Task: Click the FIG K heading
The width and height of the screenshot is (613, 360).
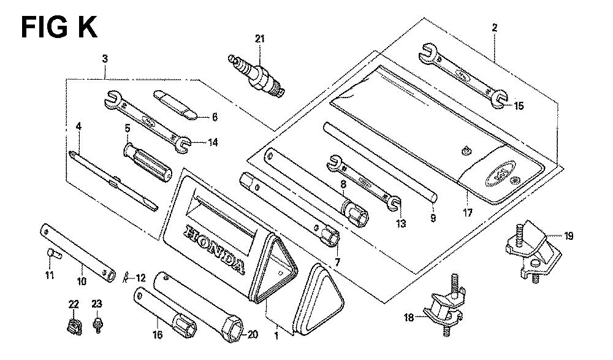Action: tap(59, 27)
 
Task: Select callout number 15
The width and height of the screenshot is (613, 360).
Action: tap(519, 106)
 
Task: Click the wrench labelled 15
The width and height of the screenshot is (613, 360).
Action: tap(463, 75)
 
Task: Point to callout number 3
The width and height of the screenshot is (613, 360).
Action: tap(105, 59)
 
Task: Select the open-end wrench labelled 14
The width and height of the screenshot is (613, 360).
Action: tap(147, 121)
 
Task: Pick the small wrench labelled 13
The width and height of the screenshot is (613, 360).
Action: tap(363, 182)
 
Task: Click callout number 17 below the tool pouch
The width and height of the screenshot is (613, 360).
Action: tap(468, 213)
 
